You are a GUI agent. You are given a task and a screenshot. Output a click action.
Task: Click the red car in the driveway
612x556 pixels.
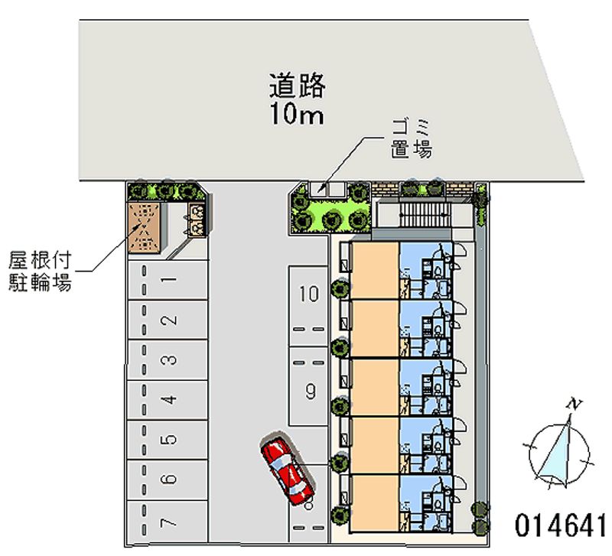click(288, 470)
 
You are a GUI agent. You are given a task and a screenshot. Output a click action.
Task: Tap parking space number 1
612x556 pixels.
click(168, 280)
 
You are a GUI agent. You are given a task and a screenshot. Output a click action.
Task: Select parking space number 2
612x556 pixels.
click(168, 320)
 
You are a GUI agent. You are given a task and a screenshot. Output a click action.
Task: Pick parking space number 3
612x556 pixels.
click(168, 359)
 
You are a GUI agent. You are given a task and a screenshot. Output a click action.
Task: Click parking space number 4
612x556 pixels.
click(168, 400)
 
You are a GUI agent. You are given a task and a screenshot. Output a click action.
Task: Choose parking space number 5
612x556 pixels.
click(168, 440)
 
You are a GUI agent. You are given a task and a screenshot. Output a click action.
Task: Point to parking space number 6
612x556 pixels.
click(168, 480)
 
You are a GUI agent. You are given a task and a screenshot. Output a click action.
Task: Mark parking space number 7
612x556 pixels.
click(168, 522)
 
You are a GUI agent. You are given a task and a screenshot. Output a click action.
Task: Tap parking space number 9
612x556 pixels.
click(308, 386)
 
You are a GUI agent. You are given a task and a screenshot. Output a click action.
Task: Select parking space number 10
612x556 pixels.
click(308, 307)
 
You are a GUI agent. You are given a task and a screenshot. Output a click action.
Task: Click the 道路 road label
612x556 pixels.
click(298, 86)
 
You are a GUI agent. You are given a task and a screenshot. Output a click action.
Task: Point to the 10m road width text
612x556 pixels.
click(297, 115)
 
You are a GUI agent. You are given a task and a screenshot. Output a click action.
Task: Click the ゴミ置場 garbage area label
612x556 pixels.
click(412, 139)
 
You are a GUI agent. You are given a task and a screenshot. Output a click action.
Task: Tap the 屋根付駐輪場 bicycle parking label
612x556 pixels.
click(40, 271)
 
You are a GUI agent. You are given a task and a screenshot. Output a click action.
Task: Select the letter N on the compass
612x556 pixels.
click(575, 405)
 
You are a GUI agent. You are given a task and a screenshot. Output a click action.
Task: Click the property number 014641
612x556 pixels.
click(560, 525)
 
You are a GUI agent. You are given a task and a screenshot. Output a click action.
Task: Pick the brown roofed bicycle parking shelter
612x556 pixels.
click(144, 228)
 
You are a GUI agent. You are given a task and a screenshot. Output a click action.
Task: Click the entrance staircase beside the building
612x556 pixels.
click(425, 215)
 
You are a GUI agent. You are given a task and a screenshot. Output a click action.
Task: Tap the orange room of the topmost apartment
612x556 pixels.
click(375, 271)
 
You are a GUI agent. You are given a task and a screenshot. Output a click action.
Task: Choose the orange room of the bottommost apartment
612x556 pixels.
click(375, 504)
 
